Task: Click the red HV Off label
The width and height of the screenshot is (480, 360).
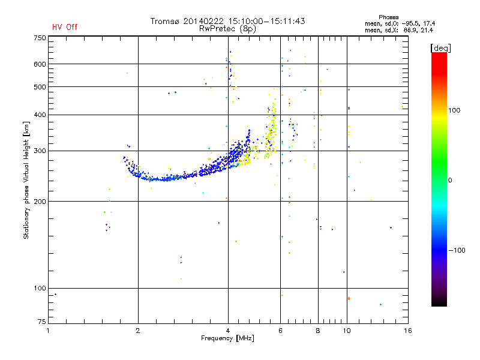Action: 65,27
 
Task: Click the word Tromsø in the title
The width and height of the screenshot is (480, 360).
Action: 164,21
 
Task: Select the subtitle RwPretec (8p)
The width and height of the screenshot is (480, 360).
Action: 227,29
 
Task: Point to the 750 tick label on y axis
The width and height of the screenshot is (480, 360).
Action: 40,38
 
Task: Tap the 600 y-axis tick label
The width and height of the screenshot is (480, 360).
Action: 40,64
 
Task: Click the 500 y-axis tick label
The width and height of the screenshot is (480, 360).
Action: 40,87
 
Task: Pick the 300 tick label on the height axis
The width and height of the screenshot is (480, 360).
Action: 40,151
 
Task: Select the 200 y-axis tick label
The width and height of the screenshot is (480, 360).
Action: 40,202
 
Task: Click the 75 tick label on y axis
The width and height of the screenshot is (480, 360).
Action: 42,322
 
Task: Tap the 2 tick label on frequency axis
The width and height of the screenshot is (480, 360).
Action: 138,331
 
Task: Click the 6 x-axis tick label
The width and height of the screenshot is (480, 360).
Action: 280,331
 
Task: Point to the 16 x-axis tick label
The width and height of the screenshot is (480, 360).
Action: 408,331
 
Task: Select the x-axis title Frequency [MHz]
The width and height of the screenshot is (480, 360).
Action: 227,338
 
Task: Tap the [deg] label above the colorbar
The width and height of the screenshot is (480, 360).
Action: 440,48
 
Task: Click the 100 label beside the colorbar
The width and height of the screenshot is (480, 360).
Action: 454,110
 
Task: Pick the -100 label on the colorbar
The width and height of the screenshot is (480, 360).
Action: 457,250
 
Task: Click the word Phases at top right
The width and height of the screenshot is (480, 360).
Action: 388,17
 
